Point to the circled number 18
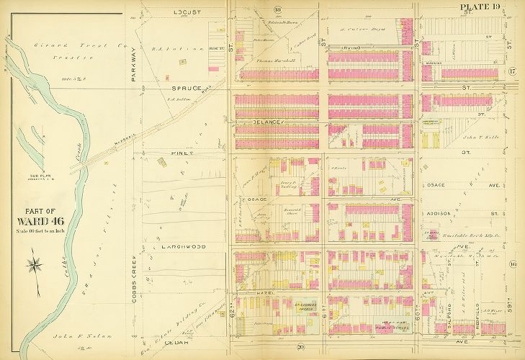coord(277,9)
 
